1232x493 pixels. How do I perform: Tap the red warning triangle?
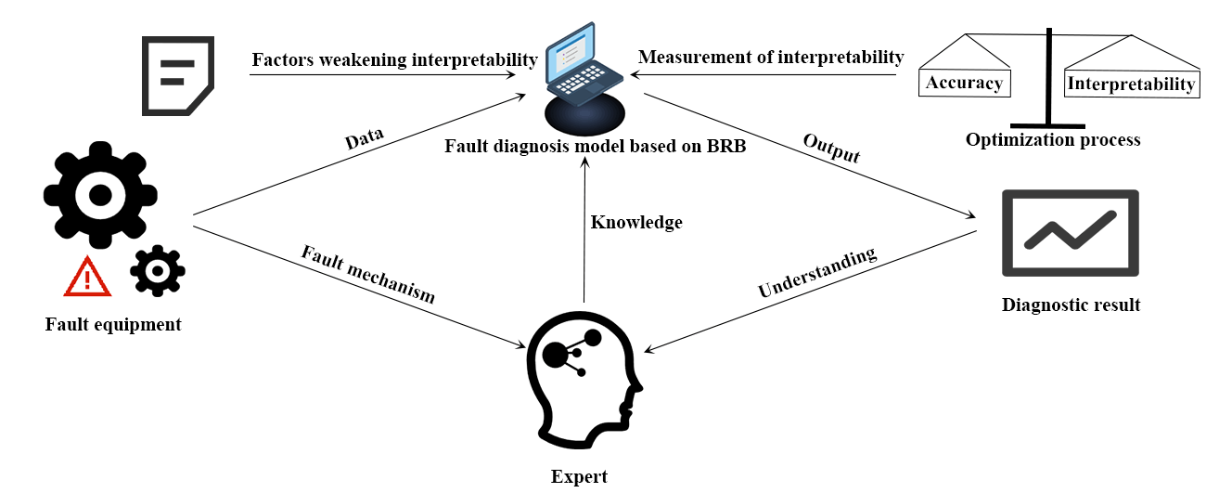[88, 277]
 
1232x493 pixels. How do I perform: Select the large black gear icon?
[100, 194]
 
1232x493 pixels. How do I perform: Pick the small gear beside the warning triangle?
[157, 270]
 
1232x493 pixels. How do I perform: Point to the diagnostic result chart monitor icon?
[1070, 233]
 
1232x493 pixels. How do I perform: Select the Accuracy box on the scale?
[964, 83]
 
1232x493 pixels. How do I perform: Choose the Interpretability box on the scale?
[1131, 84]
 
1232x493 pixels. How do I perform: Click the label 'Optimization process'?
[1052, 140]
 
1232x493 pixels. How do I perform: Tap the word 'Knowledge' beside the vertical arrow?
[636, 223]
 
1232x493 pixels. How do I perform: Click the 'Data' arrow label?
[364, 141]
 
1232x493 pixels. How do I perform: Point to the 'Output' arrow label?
[831, 149]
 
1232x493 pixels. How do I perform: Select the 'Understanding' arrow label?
[816, 272]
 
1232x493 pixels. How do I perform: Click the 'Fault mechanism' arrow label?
[367, 274]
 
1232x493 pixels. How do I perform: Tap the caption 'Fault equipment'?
[113, 325]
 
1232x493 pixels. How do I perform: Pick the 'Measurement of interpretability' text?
[770, 58]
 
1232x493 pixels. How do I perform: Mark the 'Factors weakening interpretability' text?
[394, 60]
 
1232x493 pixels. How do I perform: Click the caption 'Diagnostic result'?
[1071, 305]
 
